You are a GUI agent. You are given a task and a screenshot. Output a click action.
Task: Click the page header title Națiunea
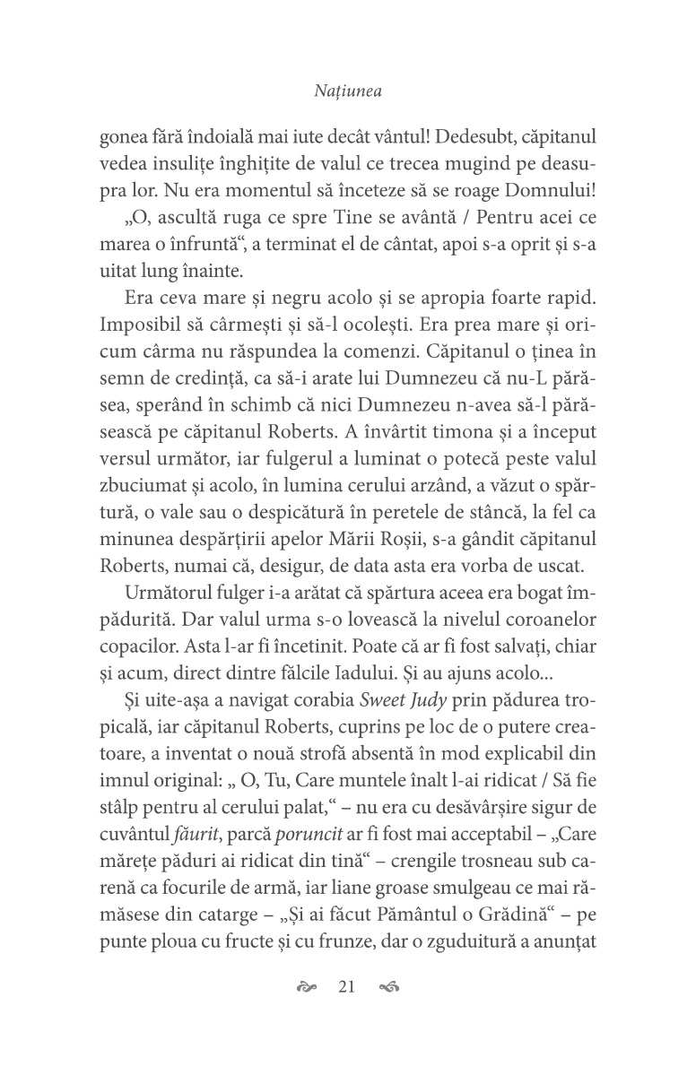(x=348, y=91)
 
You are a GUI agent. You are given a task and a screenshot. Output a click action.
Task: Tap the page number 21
(x=348, y=988)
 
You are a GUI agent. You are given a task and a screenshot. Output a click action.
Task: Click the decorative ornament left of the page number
(x=308, y=988)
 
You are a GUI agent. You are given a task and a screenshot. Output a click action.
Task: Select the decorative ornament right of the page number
(x=388, y=988)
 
